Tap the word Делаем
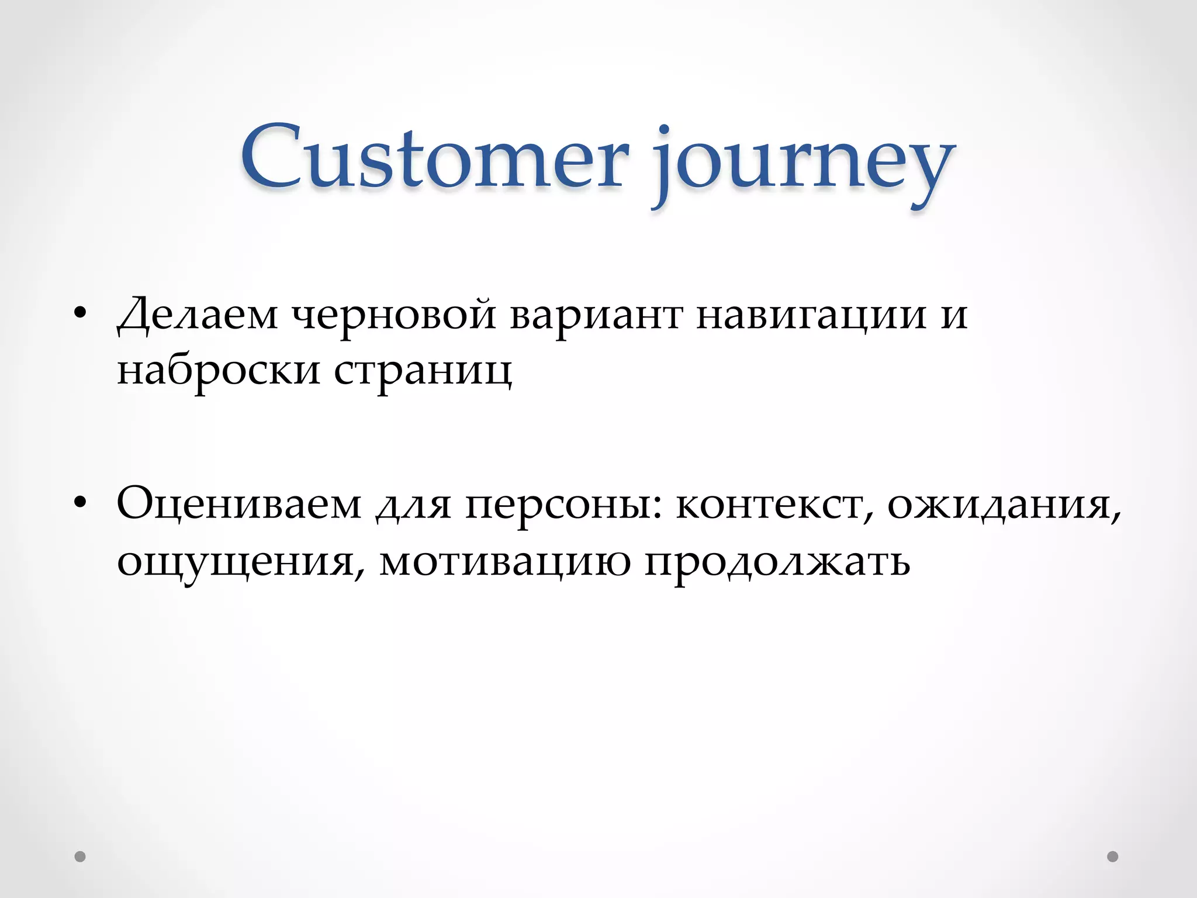click(198, 316)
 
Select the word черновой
click(393, 316)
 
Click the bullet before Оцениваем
click(81, 503)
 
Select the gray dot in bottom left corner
click(80, 856)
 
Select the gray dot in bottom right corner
click(1113, 856)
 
